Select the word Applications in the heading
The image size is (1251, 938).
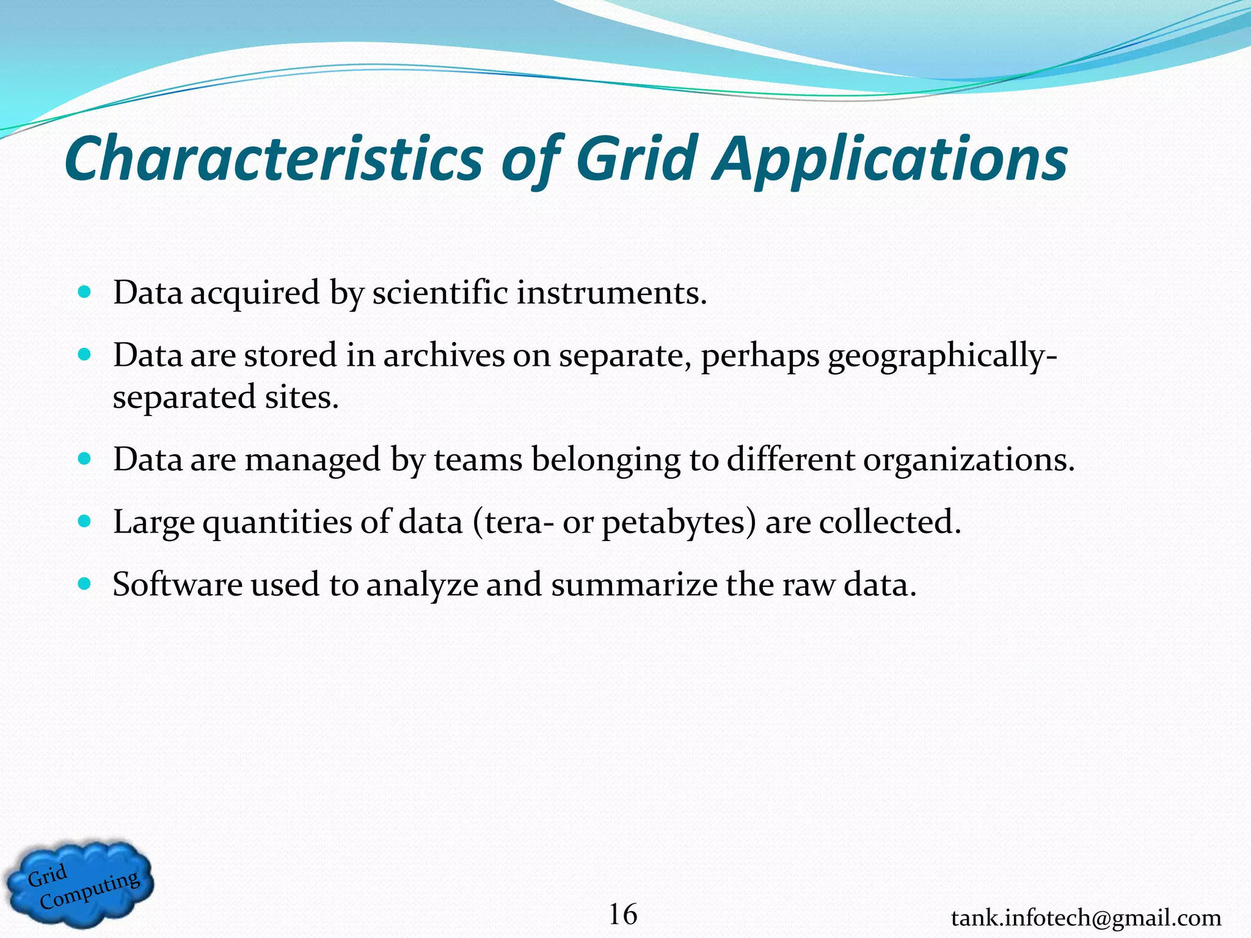pos(891,160)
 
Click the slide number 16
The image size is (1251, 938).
pos(622,914)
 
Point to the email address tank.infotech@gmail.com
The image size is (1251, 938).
pos(1085,918)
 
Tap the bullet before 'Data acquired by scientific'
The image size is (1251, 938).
pos(85,292)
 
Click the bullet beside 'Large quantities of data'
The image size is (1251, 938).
pos(85,522)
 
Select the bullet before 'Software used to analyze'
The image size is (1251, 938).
pos(85,584)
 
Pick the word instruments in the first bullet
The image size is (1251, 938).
pos(611,293)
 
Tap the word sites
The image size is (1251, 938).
pos(301,397)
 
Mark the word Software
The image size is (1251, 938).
pos(177,584)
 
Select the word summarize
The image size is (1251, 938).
pos(633,584)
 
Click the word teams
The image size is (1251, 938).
pos(478,460)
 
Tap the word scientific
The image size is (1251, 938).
pos(440,293)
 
